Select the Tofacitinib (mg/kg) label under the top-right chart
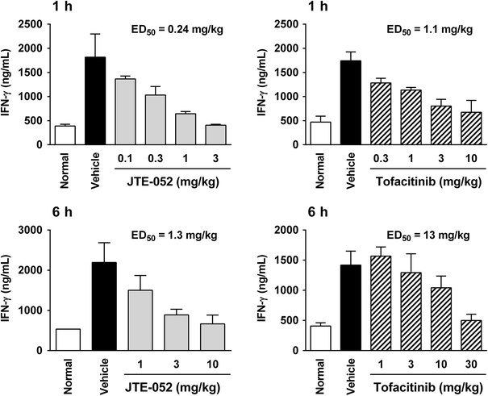(420, 178)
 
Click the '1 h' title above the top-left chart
(15, 7)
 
